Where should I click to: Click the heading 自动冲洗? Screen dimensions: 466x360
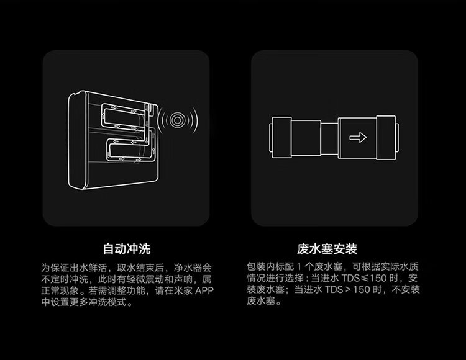click(126, 250)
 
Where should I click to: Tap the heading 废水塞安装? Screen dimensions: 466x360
click(334, 250)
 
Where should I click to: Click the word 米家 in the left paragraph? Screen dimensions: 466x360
click(180, 291)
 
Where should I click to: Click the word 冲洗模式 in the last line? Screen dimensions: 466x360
click(109, 303)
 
